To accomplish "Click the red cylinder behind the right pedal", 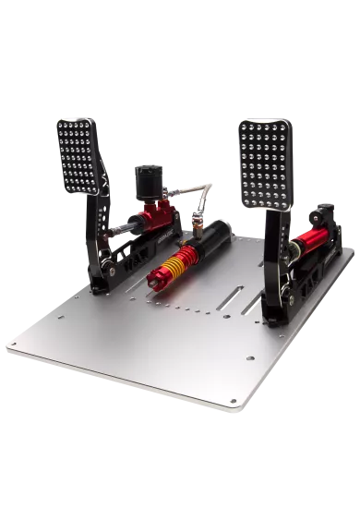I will click(312, 244).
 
